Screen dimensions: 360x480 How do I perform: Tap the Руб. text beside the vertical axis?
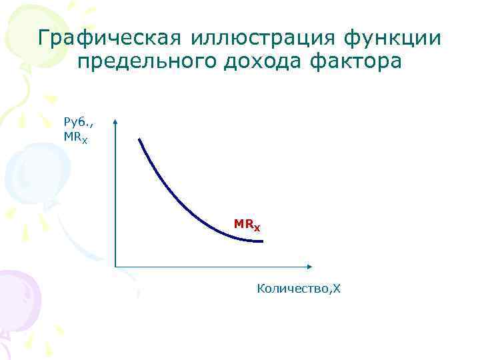point(75,121)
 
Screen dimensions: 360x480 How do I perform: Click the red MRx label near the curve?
point(247,225)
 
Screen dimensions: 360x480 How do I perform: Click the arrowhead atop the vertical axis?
point(116,123)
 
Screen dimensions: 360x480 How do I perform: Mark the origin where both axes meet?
point(116,267)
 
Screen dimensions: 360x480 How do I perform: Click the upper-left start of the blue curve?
point(139,139)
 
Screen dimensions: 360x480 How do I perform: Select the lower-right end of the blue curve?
point(262,241)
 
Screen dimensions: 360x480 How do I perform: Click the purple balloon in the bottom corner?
point(17,300)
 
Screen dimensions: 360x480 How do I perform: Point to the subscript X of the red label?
point(257,228)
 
